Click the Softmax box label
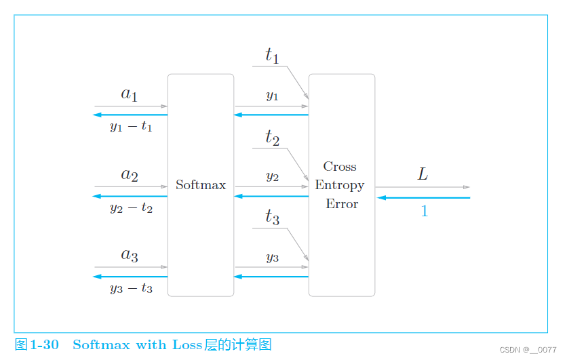click(x=201, y=184)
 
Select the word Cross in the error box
click(x=340, y=167)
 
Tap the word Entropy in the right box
click(x=340, y=185)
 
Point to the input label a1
click(x=130, y=94)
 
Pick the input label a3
click(x=130, y=255)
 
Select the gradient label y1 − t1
click(x=131, y=127)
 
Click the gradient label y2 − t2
click(x=131, y=208)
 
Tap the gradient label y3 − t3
click(x=131, y=289)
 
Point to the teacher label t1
click(x=272, y=56)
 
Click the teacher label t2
click(x=272, y=138)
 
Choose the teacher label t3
click(x=272, y=218)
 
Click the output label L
click(x=423, y=175)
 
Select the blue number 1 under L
click(x=425, y=212)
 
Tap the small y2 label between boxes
click(x=272, y=177)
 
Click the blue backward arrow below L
click(x=424, y=198)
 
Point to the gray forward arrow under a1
click(x=130, y=106)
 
